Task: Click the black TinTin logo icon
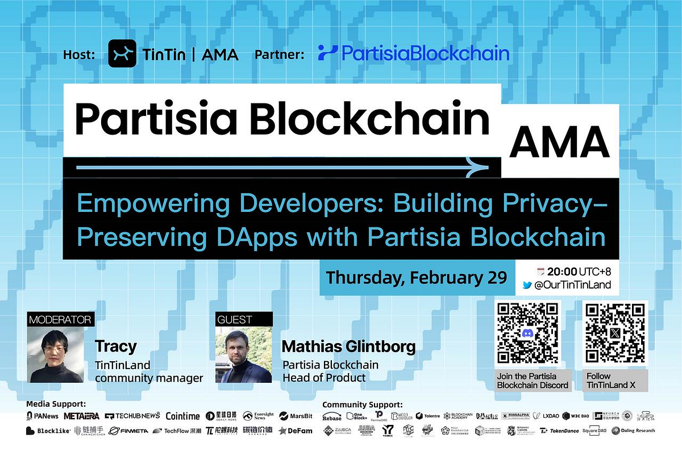click(x=122, y=54)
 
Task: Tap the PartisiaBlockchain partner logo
click(x=413, y=53)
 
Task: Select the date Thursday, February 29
click(x=416, y=278)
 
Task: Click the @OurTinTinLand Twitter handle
click(x=572, y=285)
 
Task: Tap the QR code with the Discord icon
click(x=529, y=333)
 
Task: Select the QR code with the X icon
click(x=616, y=333)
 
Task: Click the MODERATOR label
click(x=60, y=319)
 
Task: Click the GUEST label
click(x=234, y=319)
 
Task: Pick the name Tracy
click(x=116, y=346)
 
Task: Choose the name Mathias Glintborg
click(x=348, y=346)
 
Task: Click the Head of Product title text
click(x=324, y=377)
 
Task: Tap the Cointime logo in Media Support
click(x=183, y=416)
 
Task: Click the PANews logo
click(x=43, y=416)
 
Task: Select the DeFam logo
click(x=296, y=431)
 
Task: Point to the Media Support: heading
click(x=56, y=404)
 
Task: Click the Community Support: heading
click(x=362, y=404)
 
